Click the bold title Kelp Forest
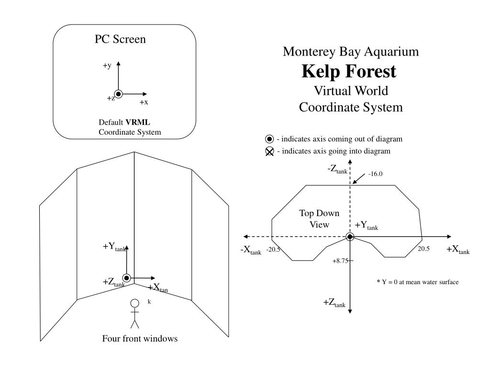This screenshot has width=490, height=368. click(x=349, y=71)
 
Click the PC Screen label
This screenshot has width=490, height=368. click(x=120, y=39)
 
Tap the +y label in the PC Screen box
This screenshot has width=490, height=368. click(x=107, y=65)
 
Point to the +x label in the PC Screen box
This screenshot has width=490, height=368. click(x=144, y=102)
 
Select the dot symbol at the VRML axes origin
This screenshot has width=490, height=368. click(x=119, y=94)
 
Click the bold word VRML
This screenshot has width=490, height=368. click(x=138, y=122)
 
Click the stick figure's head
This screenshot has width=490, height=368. click(x=134, y=303)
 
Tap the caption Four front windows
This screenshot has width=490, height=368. click(x=140, y=338)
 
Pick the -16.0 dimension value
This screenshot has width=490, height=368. click(x=375, y=173)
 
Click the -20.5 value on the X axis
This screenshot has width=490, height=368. click(x=273, y=249)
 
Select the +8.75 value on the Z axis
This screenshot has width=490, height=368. click(x=340, y=261)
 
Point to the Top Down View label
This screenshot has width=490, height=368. click(x=319, y=218)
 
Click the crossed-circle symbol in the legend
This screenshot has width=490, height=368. click(x=269, y=151)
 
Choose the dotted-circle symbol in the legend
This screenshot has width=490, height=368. click(x=269, y=139)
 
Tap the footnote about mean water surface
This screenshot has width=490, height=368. click(x=418, y=282)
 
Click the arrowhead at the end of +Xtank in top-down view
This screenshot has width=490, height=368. click(x=449, y=237)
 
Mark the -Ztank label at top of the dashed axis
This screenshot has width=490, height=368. click(x=337, y=169)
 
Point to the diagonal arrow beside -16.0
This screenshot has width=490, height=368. click(x=359, y=179)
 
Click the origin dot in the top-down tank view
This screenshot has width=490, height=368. click(x=350, y=237)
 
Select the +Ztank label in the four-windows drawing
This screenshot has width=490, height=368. click(x=114, y=282)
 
